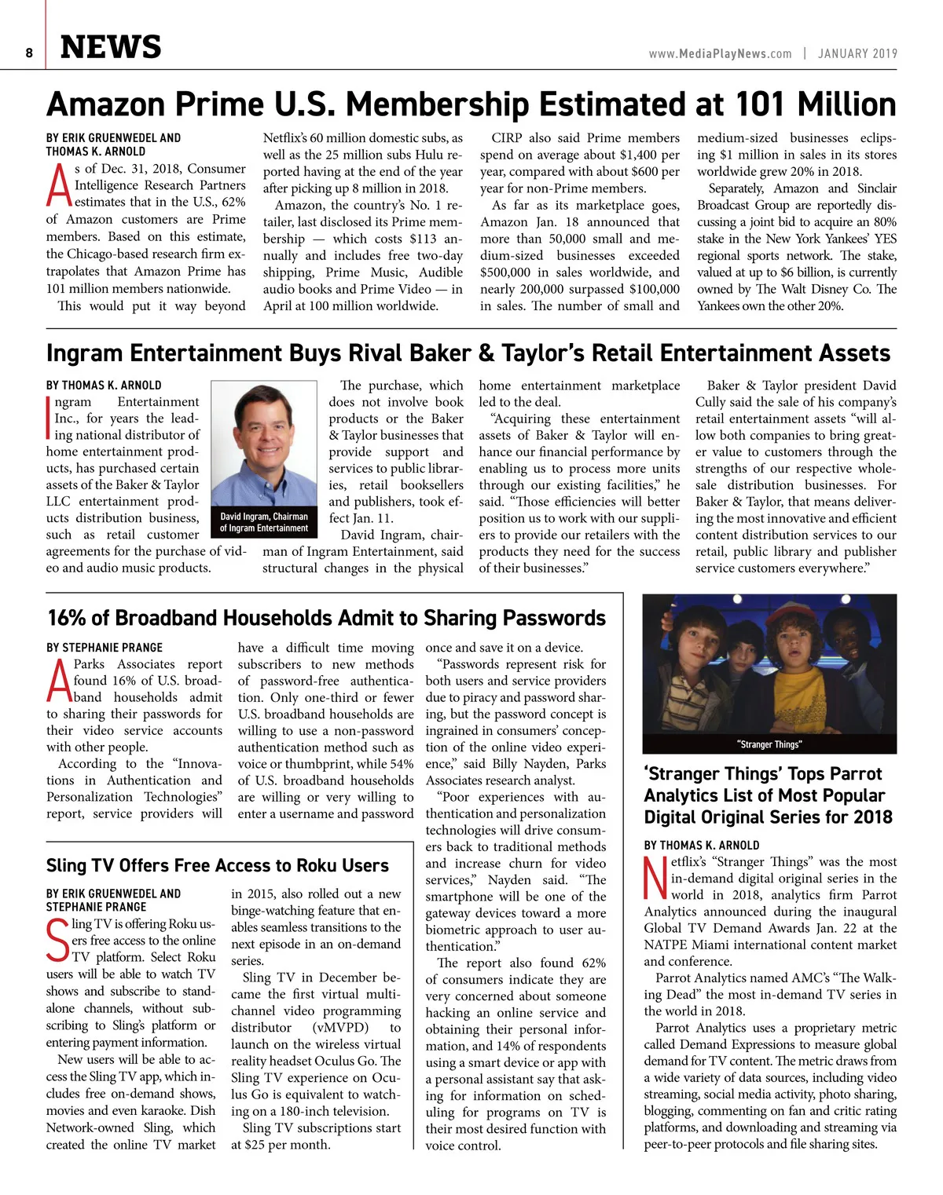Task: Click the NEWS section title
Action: [111, 47]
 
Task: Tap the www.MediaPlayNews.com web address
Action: [720, 53]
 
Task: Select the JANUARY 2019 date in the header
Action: [857, 53]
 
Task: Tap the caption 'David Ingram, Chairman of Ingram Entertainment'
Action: [264, 522]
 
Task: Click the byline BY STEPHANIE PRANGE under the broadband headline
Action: [105, 648]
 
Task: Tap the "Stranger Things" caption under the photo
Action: [769, 744]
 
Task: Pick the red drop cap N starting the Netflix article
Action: [656, 879]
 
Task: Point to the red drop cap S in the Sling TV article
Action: [58, 940]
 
